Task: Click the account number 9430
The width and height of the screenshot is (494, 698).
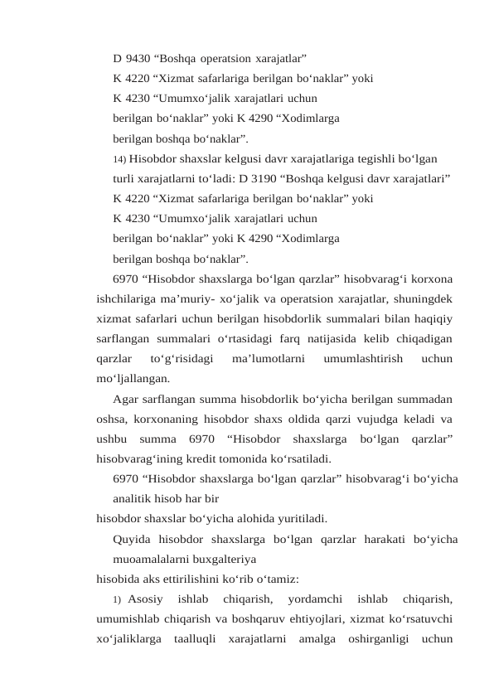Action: click(x=135, y=59)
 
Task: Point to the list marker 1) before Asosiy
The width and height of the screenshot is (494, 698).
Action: click(x=117, y=599)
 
